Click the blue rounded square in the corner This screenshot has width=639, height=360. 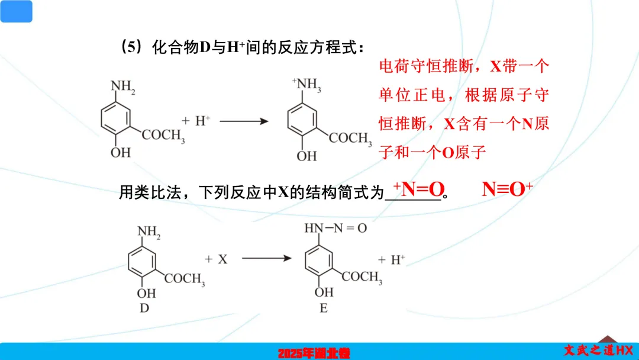click(x=16, y=11)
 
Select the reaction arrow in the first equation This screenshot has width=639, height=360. click(x=244, y=121)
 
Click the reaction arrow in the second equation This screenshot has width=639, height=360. click(x=267, y=259)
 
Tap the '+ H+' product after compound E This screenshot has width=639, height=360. click(x=392, y=259)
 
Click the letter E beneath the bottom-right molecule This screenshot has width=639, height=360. click(x=324, y=307)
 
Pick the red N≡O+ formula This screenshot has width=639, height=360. click(x=507, y=189)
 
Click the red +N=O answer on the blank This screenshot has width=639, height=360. click(x=419, y=189)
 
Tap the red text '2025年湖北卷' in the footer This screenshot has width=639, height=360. click(x=314, y=353)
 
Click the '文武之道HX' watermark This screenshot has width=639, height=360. click(x=598, y=350)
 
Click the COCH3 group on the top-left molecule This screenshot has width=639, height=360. click(x=163, y=136)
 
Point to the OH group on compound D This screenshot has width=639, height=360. click(x=146, y=293)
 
